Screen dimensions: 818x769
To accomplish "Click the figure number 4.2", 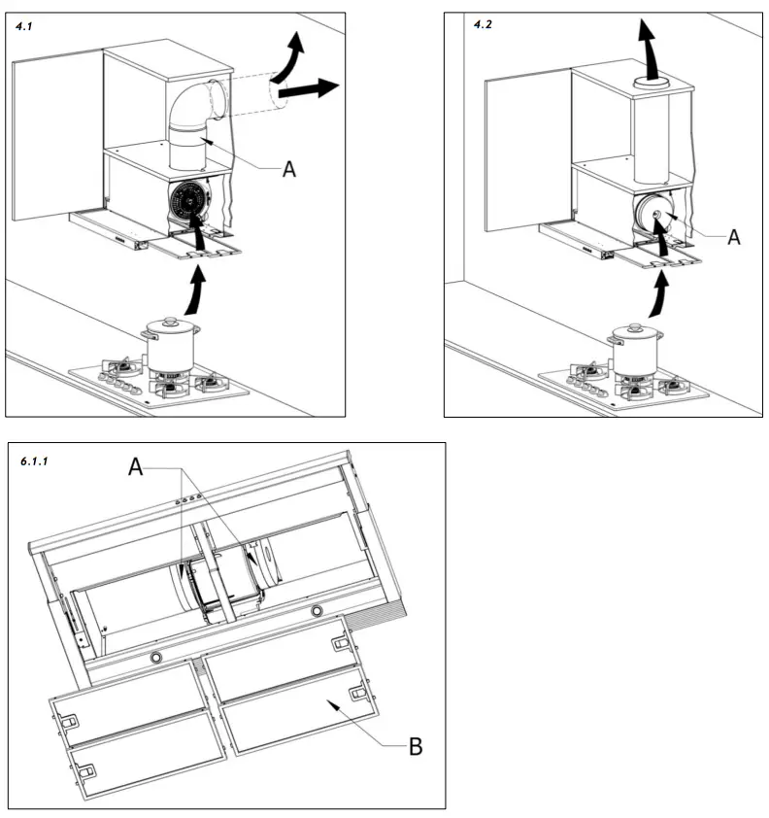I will (483, 24).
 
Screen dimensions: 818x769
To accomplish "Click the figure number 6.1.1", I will (36, 460).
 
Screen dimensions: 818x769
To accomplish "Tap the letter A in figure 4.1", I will (288, 168).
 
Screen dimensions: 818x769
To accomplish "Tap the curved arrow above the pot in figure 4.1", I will (197, 288).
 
